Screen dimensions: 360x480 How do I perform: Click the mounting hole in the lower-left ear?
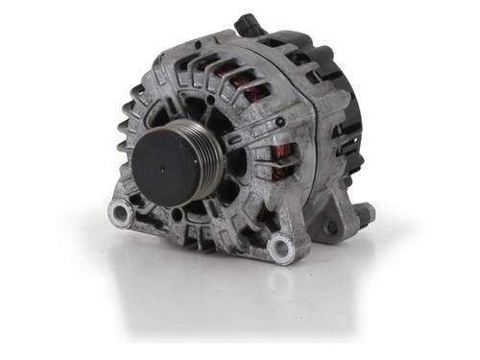[119, 212]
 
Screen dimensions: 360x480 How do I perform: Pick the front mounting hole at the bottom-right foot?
[279, 250]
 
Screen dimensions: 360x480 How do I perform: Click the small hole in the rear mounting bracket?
[331, 228]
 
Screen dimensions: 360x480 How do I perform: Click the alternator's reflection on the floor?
[221, 298]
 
